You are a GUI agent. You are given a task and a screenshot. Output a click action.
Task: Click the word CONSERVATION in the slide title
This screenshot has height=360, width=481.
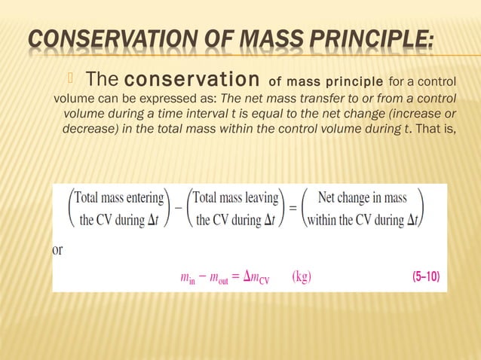111,38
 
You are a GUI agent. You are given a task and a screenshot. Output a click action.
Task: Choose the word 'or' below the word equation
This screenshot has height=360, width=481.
57,250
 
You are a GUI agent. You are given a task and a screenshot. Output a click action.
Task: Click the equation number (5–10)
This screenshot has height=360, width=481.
426,276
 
